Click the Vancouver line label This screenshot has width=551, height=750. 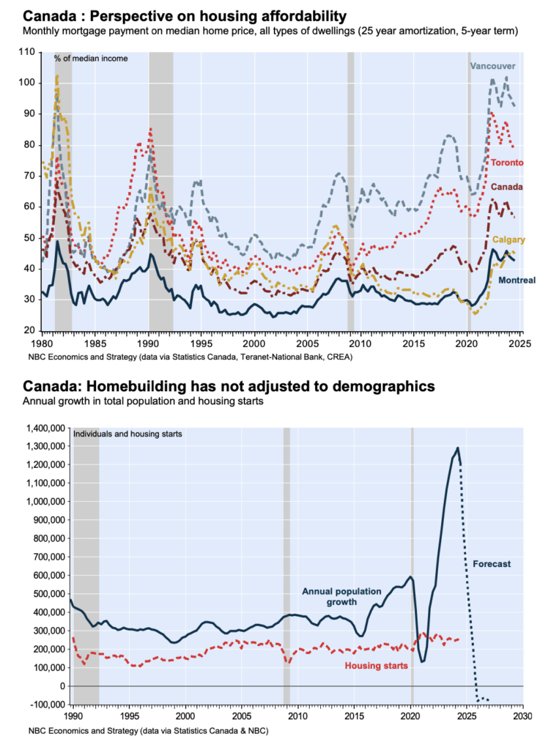click(492, 66)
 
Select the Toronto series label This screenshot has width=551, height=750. click(506, 162)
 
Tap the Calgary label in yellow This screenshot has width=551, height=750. click(508, 240)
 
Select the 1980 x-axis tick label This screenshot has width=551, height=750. click(41, 343)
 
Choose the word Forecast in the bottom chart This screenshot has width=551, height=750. click(492, 564)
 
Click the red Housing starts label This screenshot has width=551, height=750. click(377, 666)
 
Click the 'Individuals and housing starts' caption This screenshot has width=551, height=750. click(127, 434)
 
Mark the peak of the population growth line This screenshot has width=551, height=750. click(458, 448)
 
